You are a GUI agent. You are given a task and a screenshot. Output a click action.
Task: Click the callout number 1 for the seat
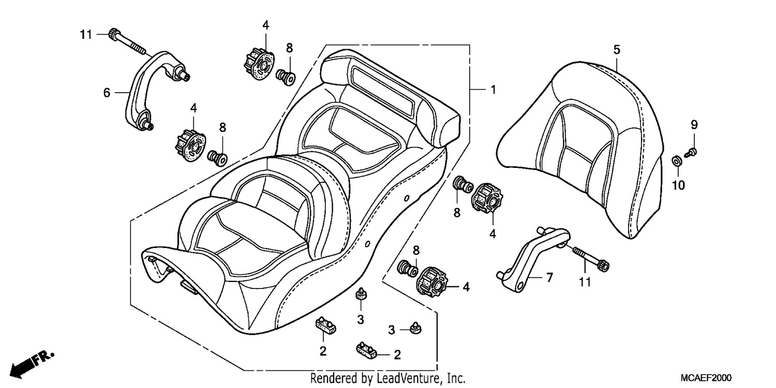pyautogui.click(x=494, y=90)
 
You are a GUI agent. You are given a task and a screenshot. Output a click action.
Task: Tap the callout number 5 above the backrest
pyautogui.click(x=617, y=50)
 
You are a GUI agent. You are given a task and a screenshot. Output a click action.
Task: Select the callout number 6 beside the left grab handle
pyautogui.click(x=107, y=93)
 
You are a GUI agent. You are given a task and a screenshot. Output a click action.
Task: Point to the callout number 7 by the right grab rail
pyautogui.click(x=549, y=277)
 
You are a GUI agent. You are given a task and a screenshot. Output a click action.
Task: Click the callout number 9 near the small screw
pyautogui.click(x=694, y=124)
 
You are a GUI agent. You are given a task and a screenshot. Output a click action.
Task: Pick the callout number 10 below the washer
pyautogui.click(x=679, y=185)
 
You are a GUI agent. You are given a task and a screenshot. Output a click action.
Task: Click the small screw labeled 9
pyautogui.click(x=691, y=152)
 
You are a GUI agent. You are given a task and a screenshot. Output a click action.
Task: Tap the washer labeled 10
pyautogui.click(x=677, y=161)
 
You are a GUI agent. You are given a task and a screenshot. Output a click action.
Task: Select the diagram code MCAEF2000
pyautogui.click(x=706, y=378)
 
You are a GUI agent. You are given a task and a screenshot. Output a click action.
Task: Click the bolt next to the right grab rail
pyautogui.click(x=591, y=259)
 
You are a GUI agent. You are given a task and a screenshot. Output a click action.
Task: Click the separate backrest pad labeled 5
pyautogui.click(x=580, y=149)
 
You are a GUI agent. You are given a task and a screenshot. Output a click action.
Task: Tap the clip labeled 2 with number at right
pyautogui.click(x=366, y=350)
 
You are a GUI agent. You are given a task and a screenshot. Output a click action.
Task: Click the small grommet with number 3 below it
pyautogui.click(x=361, y=295)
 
